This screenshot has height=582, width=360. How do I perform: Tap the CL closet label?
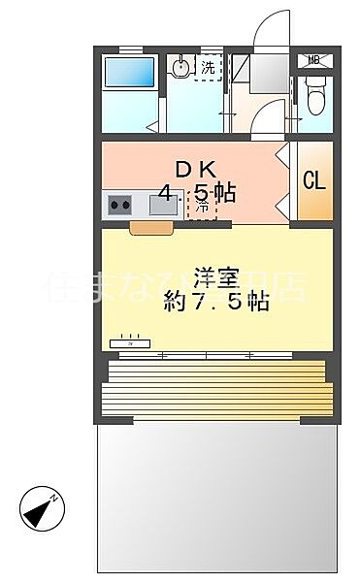[313, 179]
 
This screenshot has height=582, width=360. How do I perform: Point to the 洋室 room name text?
[214, 275]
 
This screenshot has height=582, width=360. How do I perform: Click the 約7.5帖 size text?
[215, 302]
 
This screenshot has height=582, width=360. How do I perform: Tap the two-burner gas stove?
[121, 205]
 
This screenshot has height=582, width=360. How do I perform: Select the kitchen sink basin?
[163, 205]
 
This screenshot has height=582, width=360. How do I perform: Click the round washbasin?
[181, 68]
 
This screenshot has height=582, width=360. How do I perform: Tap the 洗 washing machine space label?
[209, 67]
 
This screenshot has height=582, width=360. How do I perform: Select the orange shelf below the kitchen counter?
[151, 227]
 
